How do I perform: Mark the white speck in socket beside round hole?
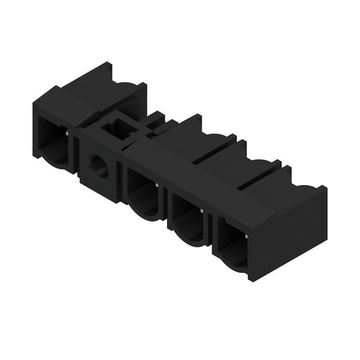pyautogui.click(x=157, y=184)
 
